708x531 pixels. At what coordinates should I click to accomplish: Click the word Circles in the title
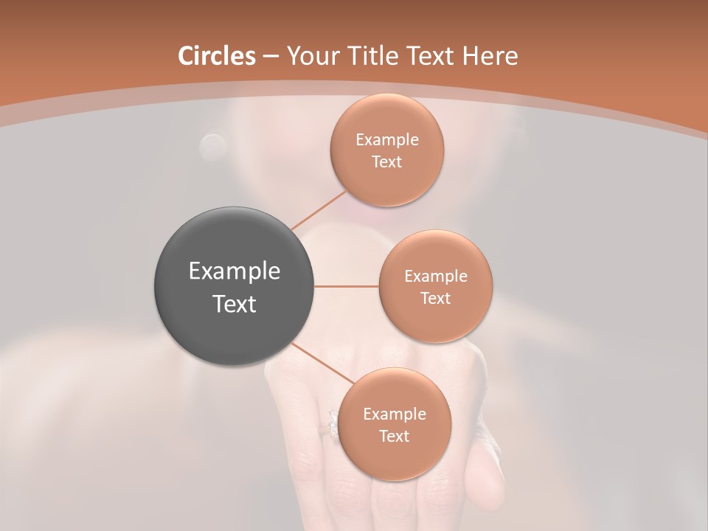click(x=217, y=56)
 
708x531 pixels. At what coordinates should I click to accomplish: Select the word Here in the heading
click(x=490, y=56)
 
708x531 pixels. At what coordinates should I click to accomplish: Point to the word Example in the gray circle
click(x=235, y=271)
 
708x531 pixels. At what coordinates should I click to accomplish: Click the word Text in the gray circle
click(x=235, y=304)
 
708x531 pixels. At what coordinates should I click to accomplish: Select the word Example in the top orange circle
click(x=387, y=140)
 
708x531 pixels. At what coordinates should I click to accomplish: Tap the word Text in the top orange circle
click(x=387, y=162)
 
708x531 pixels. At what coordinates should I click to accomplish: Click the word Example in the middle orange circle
click(x=436, y=277)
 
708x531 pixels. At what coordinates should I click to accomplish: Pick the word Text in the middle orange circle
click(x=436, y=299)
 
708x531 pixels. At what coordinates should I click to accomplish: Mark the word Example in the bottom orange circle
click(x=395, y=414)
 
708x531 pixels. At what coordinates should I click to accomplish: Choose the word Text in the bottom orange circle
click(x=395, y=437)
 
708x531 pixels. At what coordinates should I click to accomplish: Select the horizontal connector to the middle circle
click(x=347, y=286)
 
